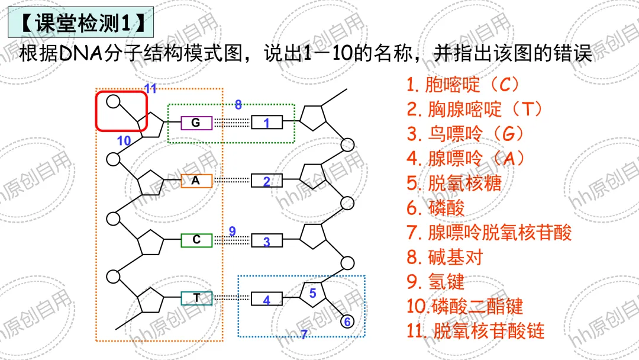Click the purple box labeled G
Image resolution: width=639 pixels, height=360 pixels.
coord(196,123)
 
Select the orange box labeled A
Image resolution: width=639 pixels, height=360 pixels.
coord(196,181)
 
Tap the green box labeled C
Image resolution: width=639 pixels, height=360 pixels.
coord(196,240)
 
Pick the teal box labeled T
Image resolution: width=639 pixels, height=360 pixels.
coord(196,298)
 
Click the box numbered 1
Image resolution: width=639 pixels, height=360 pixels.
coord(266,123)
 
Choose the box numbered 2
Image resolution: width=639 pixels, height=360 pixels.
coord(266,181)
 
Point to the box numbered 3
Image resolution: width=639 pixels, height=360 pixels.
coord(266,241)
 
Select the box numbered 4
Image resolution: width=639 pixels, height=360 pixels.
coord(266,300)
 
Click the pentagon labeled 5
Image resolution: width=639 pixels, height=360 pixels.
coord(312,293)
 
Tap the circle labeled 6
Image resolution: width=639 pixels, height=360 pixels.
coord(347,322)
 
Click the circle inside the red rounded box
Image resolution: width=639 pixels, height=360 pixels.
coord(113,101)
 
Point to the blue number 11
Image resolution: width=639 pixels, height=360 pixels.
coord(150,89)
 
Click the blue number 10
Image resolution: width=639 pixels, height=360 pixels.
coord(124,141)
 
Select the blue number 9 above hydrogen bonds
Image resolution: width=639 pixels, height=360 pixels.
coord(232,231)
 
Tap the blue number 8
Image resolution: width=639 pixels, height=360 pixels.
coord(238,105)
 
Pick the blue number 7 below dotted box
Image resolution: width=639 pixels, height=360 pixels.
coord(304,335)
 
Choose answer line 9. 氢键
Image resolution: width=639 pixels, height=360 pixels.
coord(435,281)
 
